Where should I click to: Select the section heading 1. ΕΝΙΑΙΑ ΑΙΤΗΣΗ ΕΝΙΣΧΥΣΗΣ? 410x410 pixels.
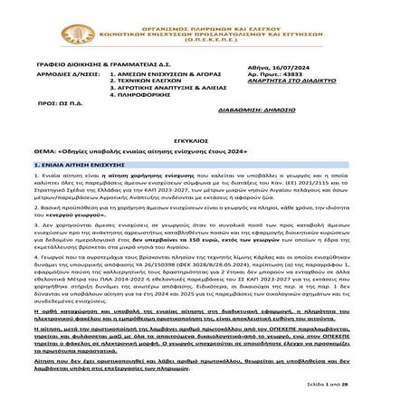click(x=83, y=168)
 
